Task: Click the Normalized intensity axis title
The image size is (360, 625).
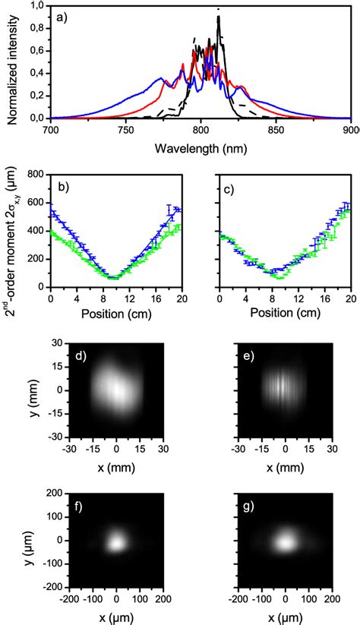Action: click(x=13, y=65)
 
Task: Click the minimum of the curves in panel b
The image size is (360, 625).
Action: click(x=113, y=277)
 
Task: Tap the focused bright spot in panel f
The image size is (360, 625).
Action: click(x=116, y=542)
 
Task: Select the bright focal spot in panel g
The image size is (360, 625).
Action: click(x=286, y=542)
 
